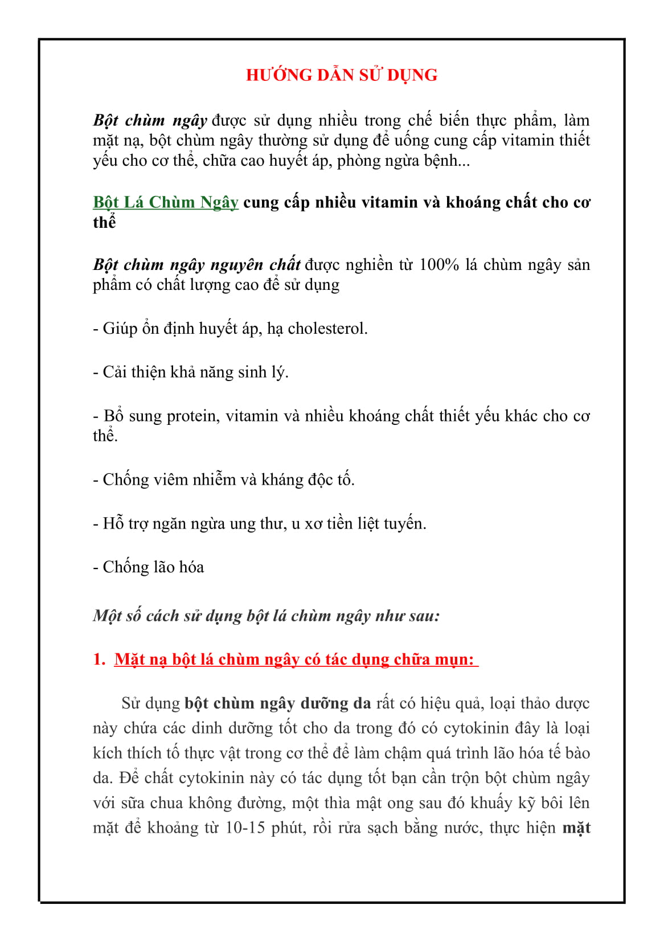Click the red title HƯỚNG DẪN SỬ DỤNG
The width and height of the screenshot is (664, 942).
[341, 75]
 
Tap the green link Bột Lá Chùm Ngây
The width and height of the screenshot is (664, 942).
[165, 202]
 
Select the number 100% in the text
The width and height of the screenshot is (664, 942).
[438, 265]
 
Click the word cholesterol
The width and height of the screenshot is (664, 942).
[327, 329]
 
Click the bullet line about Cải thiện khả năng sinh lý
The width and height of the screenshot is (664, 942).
[190, 372]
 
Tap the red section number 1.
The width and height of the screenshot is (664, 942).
[99, 660]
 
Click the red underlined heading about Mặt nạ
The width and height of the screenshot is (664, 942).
[296, 660]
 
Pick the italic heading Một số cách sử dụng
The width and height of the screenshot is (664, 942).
[266, 616]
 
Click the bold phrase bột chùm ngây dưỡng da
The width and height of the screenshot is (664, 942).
[277, 703]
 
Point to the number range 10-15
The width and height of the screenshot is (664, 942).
[245, 828]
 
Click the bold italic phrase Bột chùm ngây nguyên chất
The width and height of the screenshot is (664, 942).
[196, 265]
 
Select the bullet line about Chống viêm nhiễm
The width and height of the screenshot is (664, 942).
[223, 480]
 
